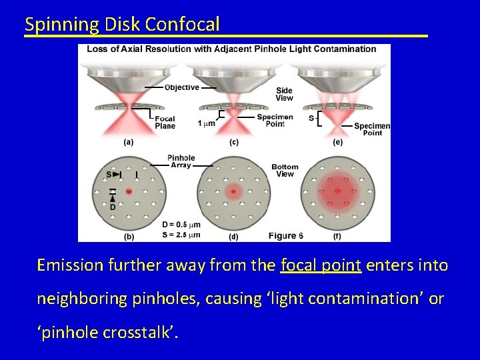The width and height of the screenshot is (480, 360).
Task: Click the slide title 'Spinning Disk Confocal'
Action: pyautogui.click(x=122, y=25)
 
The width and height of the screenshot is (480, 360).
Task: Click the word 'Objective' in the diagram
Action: pyautogui.click(x=181, y=87)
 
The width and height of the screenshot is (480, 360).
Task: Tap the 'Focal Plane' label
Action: pyautogui.click(x=165, y=123)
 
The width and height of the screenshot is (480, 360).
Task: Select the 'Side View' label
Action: pyautogui.click(x=285, y=94)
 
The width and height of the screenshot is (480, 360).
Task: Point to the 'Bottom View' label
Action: pyautogui.click(x=285, y=170)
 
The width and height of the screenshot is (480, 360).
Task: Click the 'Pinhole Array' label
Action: pyautogui.click(x=181, y=161)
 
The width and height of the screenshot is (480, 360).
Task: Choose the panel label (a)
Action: pyautogui.click(x=128, y=141)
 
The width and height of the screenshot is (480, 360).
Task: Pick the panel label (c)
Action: pyautogui.click(x=233, y=141)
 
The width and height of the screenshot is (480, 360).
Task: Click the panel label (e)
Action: pyautogui.click(x=338, y=141)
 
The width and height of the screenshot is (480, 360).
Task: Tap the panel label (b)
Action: pyautogui.click(x=128, y=236)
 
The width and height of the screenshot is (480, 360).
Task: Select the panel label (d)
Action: pyautogui.click(x=233, y=236)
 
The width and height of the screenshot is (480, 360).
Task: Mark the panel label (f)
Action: pyautogui.click(x=338, y=236)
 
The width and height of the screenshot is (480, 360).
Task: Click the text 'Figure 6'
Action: pyautogui.click(x=286, y=235)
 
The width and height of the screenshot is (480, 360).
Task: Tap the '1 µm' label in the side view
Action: pyautogui.click(x=206, y=123)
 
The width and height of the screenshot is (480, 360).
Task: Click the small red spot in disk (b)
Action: pyautogui.click(x=128, y=191)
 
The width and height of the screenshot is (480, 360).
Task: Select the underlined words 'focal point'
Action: pyautogui.click(x=321, y=265)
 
